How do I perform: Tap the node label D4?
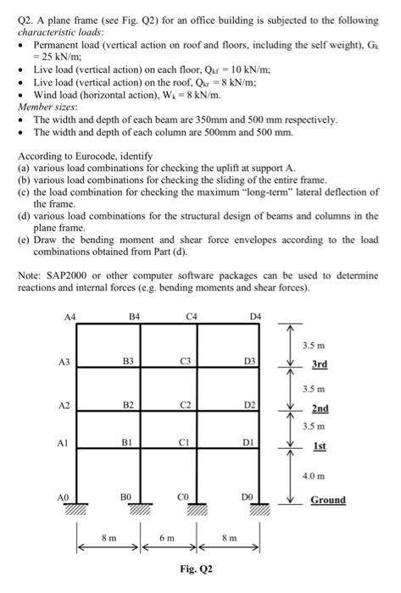click(x=256, y=318)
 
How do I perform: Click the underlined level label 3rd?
click(x=320, y=364)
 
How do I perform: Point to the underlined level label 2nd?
click(x=320, y=407)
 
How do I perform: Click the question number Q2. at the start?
click(x=27, y=19)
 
